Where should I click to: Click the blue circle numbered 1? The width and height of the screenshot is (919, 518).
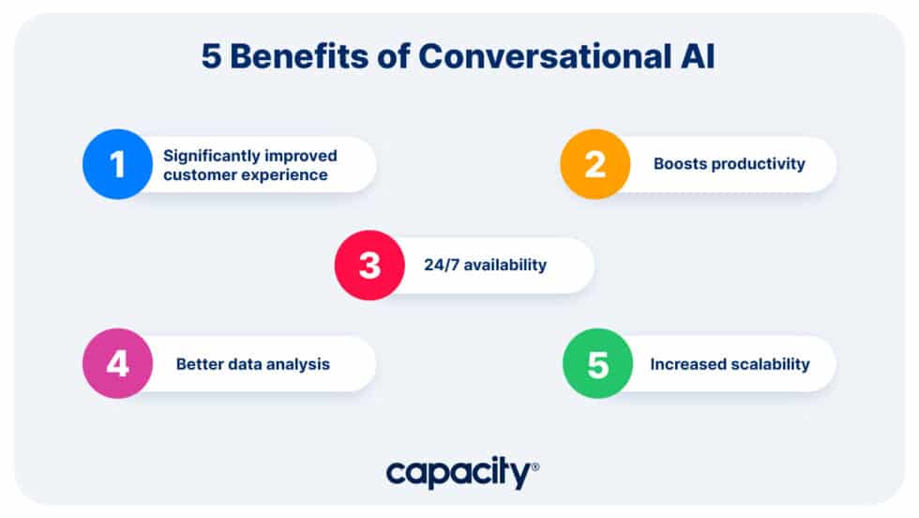tap(117, 164)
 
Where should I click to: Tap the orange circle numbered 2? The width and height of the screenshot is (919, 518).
tap(595, 164)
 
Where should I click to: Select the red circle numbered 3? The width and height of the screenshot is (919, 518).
tap(369, 265)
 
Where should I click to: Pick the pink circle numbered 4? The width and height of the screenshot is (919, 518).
tap(117, 363)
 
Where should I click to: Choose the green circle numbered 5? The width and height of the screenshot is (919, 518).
tap(597, 363)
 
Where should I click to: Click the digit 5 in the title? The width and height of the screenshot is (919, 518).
tap(212, 56)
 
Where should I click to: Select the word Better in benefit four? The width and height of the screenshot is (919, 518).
tap(200, 363)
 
